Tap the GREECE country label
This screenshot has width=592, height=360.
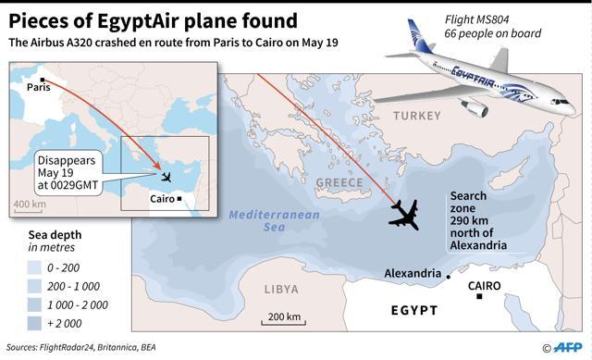pos(340,182)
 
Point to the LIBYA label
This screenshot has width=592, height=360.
pos(282,289)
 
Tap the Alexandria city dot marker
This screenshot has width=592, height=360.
pos(449,277)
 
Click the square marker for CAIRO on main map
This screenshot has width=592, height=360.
pos(479,296)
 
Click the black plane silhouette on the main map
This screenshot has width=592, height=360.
pos(404,215)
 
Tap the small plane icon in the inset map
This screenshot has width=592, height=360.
pos(166,177)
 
